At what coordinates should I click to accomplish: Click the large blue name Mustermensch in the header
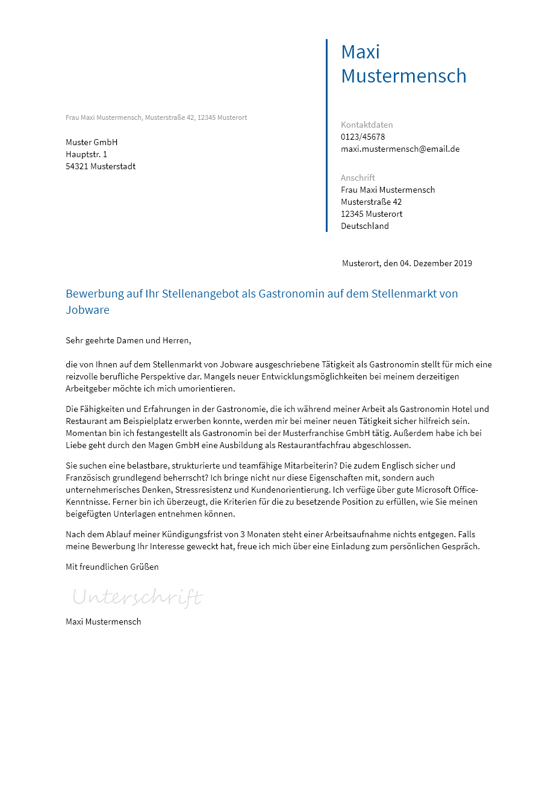tap(403, 76)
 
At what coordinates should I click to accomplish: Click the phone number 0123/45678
tap(363, 137)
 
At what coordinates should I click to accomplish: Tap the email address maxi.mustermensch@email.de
tap(400, 149)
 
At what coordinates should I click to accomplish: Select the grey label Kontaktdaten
tap(367, 125)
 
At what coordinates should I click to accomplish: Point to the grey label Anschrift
tap(358, 178)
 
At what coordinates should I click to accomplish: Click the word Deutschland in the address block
tap(365, 226)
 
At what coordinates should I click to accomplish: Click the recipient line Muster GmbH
tap(92, 142)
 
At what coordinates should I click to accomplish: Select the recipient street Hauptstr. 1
tap(86, 154)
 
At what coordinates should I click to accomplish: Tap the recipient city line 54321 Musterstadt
tap(101, 166)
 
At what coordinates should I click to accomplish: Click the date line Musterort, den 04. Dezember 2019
tap(407, 263)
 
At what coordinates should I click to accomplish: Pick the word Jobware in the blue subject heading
tap(87, 310)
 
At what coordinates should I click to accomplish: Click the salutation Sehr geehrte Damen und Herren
tap(128, 340)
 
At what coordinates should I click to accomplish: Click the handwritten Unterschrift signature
tap(137, 597)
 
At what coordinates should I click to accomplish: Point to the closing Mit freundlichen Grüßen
tap(112, 567)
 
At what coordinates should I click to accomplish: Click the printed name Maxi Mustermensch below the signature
tap(103, 622)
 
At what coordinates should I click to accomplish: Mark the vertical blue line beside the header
tap(326, 136)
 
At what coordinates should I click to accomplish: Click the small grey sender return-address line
tap(156, 117)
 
